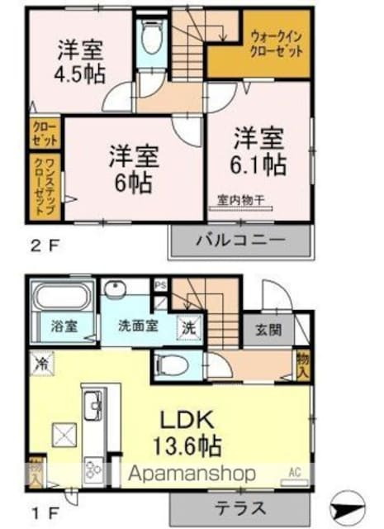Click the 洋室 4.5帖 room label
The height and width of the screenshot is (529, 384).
click(x=80, y=60)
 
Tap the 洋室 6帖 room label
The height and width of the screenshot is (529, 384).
click(x=132, y=167)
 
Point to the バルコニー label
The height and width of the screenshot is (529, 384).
click(x=240, y=240)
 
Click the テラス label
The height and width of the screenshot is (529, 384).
click(x=242, y=508)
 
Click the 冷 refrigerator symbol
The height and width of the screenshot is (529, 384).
click(x=40, y=361)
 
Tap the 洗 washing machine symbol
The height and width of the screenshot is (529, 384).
click(x=189, y=327)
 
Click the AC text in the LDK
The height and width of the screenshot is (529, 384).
click(x=293, y=474)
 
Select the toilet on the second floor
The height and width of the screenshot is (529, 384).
click(x=150, y=37)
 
